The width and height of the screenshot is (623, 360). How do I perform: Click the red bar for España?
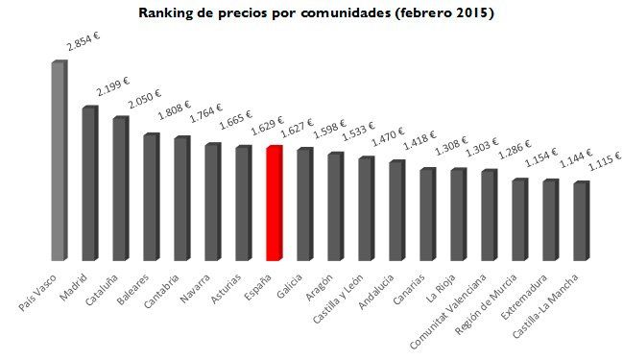tap(274, 204)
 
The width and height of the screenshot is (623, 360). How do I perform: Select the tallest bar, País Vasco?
tap(59, 161)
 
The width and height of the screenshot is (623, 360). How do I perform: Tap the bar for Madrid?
tap(89, 184)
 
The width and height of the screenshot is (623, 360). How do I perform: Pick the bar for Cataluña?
tap(120, 189)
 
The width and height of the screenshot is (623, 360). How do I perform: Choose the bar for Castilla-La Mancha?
tap(581, 222)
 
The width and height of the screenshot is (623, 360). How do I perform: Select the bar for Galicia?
tap(304, 204)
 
